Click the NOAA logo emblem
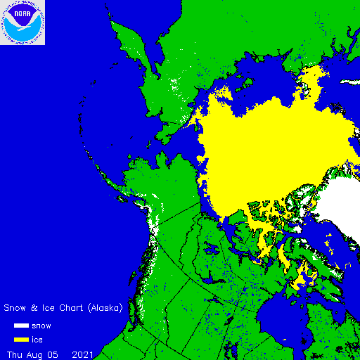[22, 22]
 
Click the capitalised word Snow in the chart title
[15, 308]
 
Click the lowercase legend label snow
[41, 326]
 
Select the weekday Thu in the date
[15, 354]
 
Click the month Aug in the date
[35, 354]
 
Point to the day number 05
[53, 354]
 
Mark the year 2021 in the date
[82, 354]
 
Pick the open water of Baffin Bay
[330, 246]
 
